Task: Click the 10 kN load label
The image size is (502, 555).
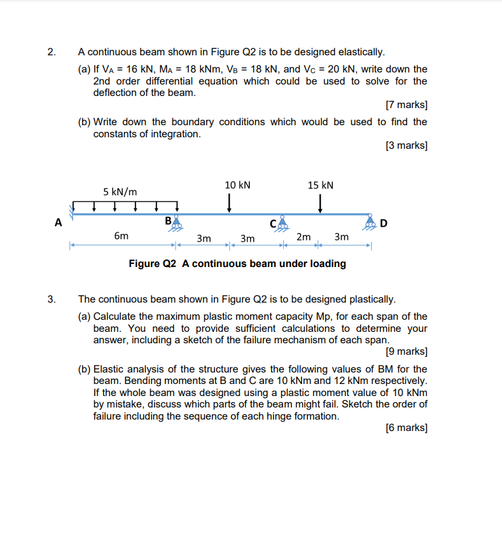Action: click(x=237, y=185)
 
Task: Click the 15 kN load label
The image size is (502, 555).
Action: click(x=320, y=185)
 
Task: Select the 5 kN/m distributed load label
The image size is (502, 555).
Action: click(x=120, y=191)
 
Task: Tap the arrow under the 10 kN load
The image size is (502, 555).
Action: click(x=229, y=203)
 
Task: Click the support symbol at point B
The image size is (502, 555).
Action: click(x=176, y=223)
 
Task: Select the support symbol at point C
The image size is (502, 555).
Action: click(x=281, y=223)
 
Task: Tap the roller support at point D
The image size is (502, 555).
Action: click(x=371, y=223)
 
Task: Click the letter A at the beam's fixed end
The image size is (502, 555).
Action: click(x=59, y=223)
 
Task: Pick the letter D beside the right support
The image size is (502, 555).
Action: click(x=384, y=223)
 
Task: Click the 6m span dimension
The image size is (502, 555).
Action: click(x=121, y=236)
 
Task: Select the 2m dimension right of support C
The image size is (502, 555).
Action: click(x=303, y=237)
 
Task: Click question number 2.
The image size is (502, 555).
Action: click(x=51, y=51)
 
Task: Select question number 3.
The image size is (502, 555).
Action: click(x=51, y=299)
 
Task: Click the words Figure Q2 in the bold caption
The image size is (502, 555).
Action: click(x=152, y=263)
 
